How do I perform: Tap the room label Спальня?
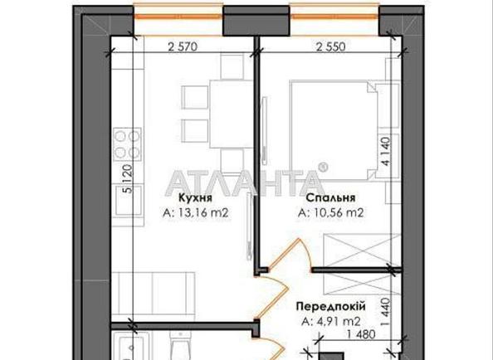pyautogui.click(x=331, y=199)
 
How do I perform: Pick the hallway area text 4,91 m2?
pyautogui.click(x=329, y=321)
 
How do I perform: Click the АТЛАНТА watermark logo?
pyautogui.click(x=246, y=180)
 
